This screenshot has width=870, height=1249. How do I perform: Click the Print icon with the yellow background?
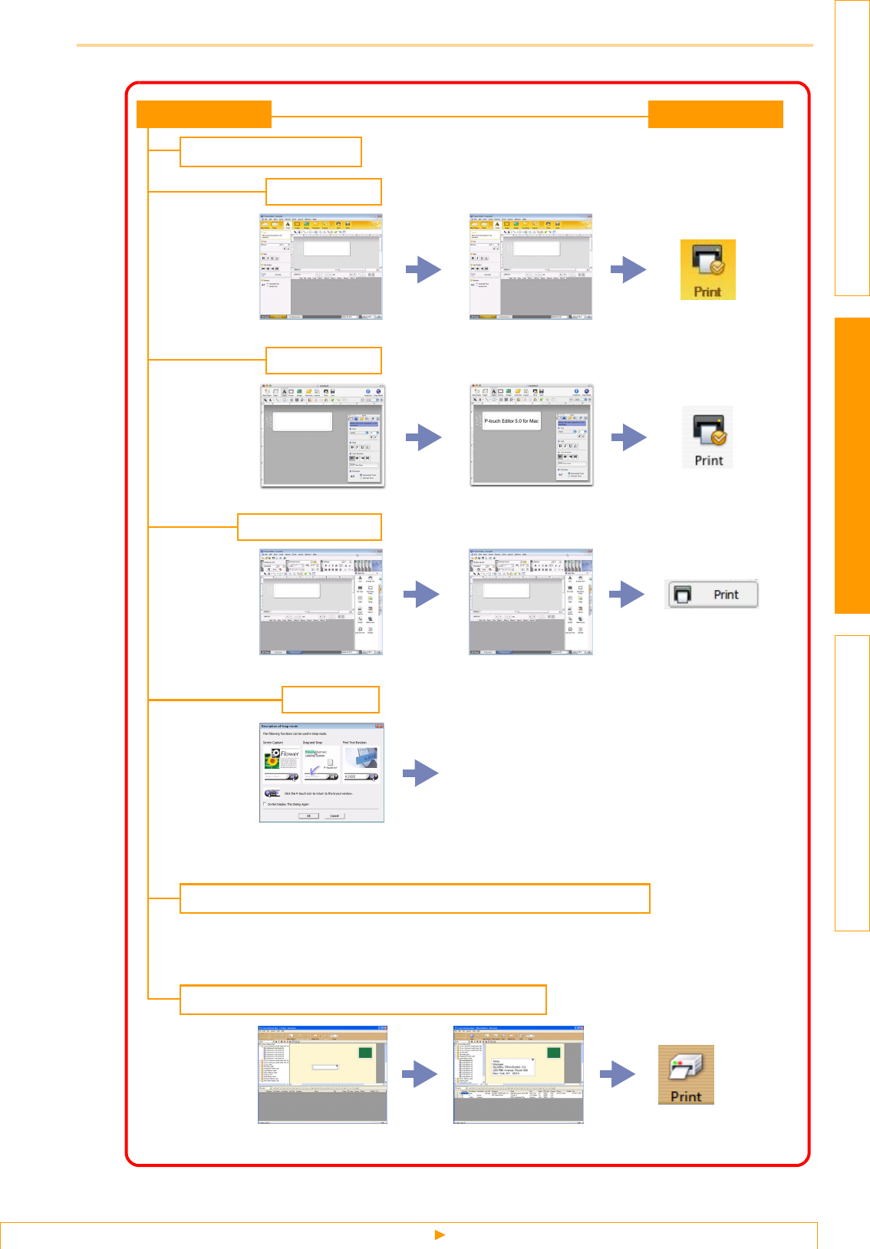[x=707, y=269]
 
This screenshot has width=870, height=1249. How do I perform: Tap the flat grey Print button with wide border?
[x=711, y=595]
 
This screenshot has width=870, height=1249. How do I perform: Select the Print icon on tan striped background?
[x=686, y=1075]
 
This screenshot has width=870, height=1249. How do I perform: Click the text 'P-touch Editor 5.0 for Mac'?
[x=512, y=421]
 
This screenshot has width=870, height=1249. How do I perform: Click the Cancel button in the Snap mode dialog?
[x=334, y=816]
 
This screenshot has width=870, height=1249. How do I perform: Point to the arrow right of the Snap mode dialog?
[x=420, y=773]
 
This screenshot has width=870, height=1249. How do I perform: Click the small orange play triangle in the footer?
[x=440, y=1234]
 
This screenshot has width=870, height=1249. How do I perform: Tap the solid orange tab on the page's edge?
[x=852, y=465]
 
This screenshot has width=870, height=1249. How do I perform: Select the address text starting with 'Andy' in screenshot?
[x=510, y=1067]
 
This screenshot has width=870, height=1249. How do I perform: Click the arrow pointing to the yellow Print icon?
[x=628, y=269]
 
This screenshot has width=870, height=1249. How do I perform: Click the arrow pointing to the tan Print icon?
[x=618, y=1074]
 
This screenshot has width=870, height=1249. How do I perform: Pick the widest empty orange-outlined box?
[x=414, y=898]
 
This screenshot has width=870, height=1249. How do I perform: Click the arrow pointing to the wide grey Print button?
[x=626, y=594]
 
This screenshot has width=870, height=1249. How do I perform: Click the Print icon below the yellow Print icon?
[x=708, y=438]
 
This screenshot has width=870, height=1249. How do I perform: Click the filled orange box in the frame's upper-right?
[x=715, y=114]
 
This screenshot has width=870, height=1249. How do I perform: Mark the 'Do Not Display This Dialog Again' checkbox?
[x=265, y=804]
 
